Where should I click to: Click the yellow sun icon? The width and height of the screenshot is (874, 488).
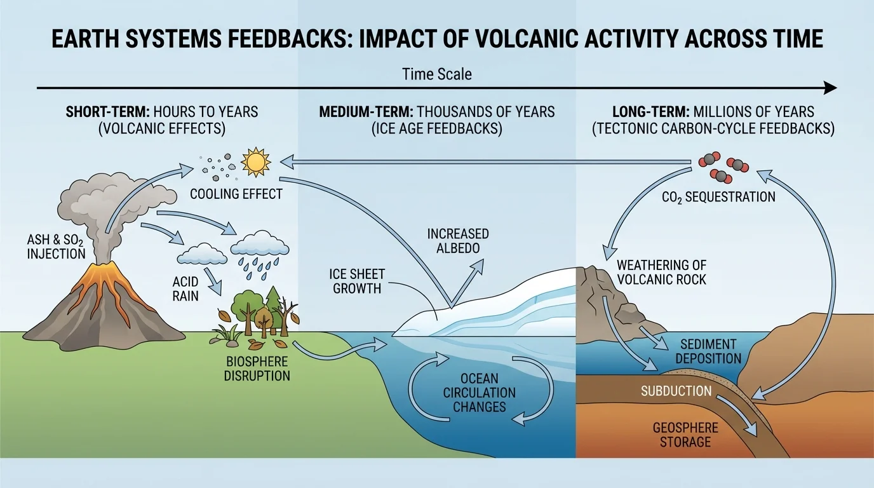[x=256, y=163]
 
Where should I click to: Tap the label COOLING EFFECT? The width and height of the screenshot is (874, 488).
[x=236, y=194]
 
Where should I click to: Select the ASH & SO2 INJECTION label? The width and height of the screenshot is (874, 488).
[x=56, y=247]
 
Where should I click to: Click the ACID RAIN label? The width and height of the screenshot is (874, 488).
[x=185, y=288]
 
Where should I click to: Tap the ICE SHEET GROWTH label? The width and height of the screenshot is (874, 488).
[x=356, y=281]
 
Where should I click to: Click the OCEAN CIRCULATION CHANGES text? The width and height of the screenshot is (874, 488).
[x=480, y=392]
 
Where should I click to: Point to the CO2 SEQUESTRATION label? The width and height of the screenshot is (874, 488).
[x=718, y=197]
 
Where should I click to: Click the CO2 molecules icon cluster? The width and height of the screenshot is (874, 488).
[x=723, y=167]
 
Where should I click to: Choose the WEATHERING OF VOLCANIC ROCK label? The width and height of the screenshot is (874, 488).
[x=661, y=272]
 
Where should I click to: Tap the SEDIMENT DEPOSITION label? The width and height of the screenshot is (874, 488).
[x=708, y=351]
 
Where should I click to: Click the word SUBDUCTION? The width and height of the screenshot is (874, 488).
[x=676, y=391]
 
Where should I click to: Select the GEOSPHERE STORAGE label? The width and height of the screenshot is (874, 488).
[x=685, y=435]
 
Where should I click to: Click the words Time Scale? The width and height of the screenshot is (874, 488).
[x=437, y=74]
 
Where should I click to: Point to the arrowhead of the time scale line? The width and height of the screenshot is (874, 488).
[x=831, y=88]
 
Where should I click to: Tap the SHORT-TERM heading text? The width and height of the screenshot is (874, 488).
[x=105, y=112]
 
